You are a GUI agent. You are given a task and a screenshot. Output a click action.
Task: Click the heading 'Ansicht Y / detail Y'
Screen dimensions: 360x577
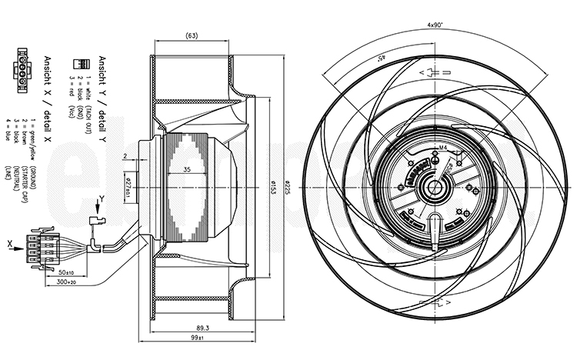103,99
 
